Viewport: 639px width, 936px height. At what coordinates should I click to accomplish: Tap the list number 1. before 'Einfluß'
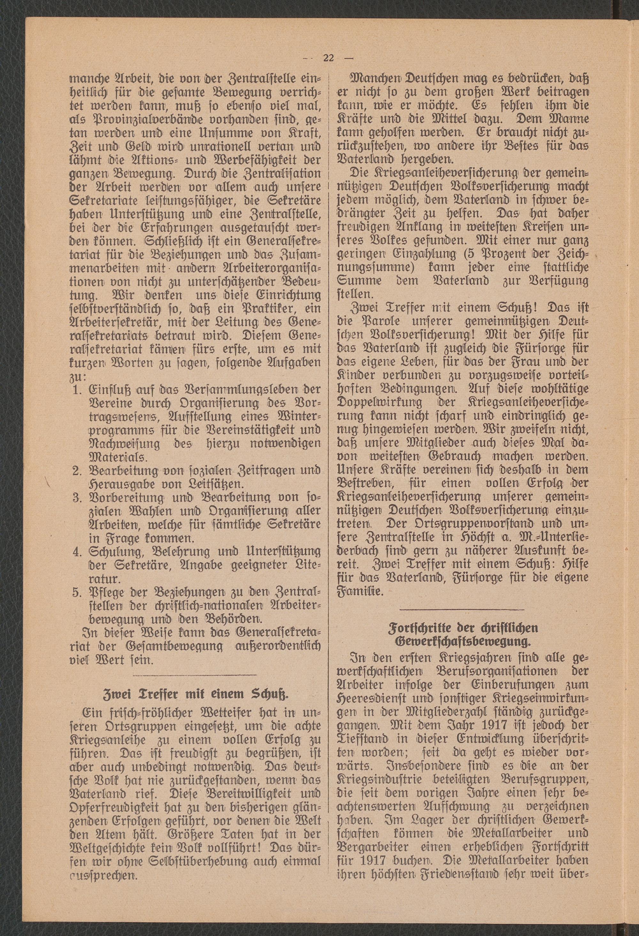(78, 389)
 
